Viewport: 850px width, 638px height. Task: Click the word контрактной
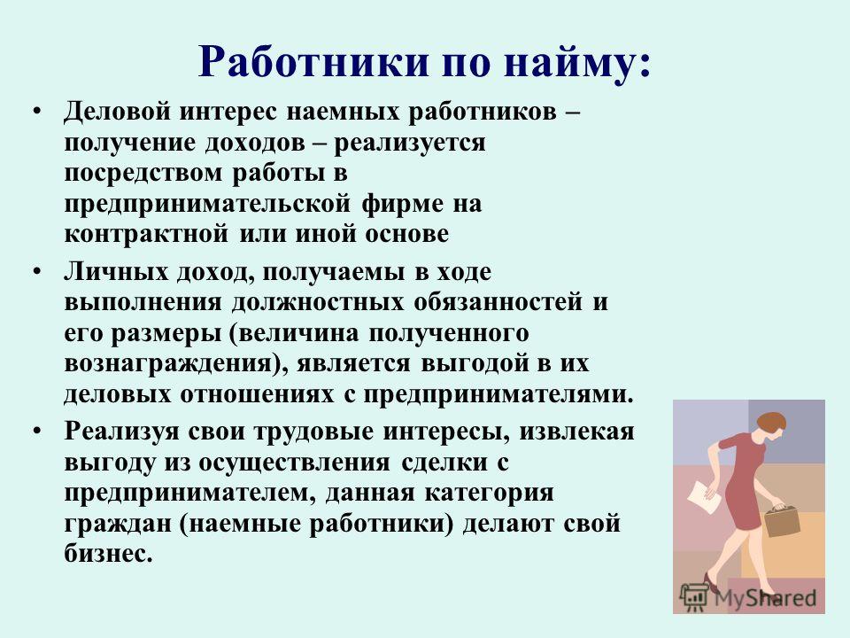[x=146, y=234]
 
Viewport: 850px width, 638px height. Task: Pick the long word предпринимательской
[x=207, y=205]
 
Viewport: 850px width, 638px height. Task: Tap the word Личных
[x=116, y=272]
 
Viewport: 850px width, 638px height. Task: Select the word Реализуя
[x=121, y=432]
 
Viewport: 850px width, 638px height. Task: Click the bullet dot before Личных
[x=36, y=272]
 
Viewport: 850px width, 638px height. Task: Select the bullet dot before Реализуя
[x=36, y=432]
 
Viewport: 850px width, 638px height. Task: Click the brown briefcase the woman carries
[x=782, y=521]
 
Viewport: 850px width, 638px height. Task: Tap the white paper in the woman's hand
[x=705, y=497]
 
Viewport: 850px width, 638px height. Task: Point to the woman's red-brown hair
[x=773, y=421]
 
